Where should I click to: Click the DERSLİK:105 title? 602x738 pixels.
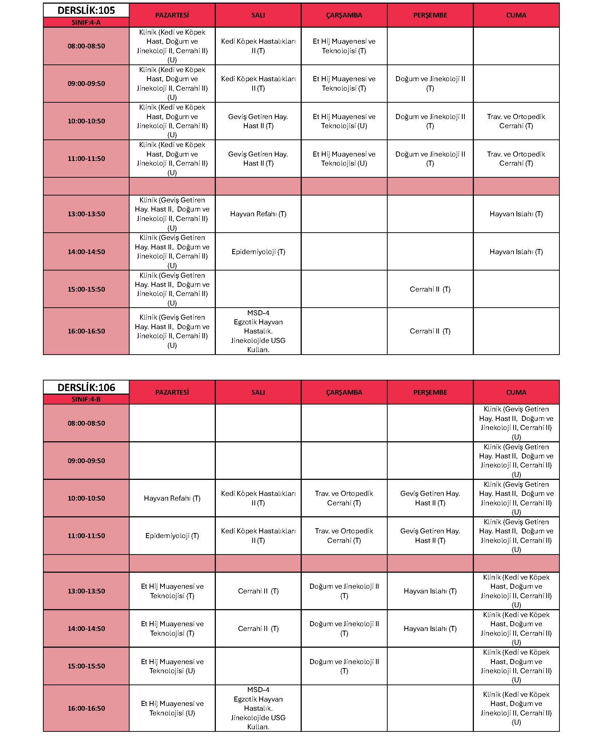pyautogui.click(x=86, y=10)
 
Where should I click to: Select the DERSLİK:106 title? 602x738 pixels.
pyautogui.click(x=86, y=387)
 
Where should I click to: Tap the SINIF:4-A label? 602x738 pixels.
pyautogui.click(x=86, y=22)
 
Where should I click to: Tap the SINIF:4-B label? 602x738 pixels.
pyautogui.click(x=86, y=399)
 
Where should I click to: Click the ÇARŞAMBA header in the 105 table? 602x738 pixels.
pyautogui.click(x=344, y=15)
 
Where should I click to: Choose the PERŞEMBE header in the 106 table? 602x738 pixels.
pyautogui.click(x=430, y=392)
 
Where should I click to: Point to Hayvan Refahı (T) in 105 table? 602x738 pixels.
pyautogui.click(x=258, y=214)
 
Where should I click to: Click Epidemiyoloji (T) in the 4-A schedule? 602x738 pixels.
pyautogui.click(x=258, y=252)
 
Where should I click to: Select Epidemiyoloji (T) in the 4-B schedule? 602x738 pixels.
pyautogui.click(x=172, y=536)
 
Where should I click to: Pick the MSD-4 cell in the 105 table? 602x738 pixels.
pyautogui.click(x=258, y=331)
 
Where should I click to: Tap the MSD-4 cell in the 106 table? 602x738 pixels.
pyautogui.click(x=258, y=708)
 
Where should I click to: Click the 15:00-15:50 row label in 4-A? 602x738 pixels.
pyautogui.click(x=86, y=289)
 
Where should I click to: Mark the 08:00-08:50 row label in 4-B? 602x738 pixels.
pyautogui.click(x=86, y=423)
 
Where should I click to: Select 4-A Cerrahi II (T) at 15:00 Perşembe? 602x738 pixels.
pyautogui.click(x=430, y=289)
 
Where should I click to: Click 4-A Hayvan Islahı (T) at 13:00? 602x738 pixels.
pyautogui.click(x=516, y=214)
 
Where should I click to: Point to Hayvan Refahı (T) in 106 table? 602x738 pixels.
pyautogui.click(x=172, y=498)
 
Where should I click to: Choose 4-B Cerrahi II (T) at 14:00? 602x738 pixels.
pyautogui.click(x=258, y=628)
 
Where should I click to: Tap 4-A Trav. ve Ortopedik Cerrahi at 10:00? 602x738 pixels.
pyautogui.click(x=516, y=121)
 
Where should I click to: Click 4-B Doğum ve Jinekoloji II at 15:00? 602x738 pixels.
pyautogui.click(x=344, y=666)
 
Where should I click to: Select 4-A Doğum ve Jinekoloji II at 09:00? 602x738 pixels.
pyautogui.click(x=430, y=83)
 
